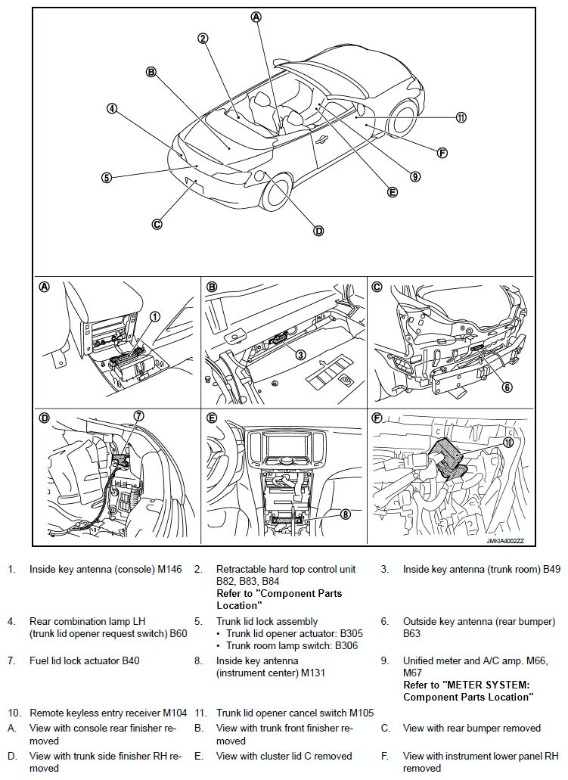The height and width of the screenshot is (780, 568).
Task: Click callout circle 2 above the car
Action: tap(203, 39)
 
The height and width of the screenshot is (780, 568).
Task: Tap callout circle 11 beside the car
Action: tap(461, 117)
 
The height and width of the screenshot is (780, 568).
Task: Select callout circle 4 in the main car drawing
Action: tap(112, 108)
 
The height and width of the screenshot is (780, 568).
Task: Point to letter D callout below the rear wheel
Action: tap(318, 231)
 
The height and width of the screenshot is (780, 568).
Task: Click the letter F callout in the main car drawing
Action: tap(442, 153)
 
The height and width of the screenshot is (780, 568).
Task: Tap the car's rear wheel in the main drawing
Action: tap(277, 193)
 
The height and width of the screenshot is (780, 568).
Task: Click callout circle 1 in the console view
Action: tap(155, 317)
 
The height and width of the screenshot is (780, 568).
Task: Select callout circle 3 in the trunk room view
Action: tap(300, 354)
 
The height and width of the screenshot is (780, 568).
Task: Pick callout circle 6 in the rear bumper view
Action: tap(507, 387)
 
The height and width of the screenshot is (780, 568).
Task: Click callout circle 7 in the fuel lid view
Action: tap(138, 415)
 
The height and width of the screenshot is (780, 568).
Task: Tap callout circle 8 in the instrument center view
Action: tap(346, 514)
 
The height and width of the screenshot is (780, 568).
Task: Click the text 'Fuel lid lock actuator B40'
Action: tap(84, 660)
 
